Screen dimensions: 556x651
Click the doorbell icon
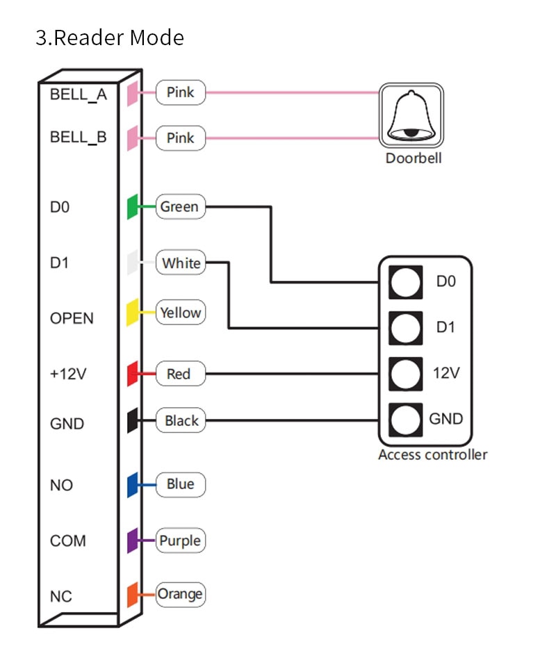point(411,115)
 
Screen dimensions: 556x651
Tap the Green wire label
point(181,206)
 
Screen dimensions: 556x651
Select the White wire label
point(181,263)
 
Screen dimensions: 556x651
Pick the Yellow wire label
point(181,312)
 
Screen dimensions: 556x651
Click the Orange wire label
point(181,594)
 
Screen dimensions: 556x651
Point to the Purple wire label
point(181,540)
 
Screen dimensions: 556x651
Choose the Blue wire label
point(181,484)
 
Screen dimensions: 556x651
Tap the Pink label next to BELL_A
point(181,92)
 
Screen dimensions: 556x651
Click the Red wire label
point(181,374)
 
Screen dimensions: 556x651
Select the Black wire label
point(181,420)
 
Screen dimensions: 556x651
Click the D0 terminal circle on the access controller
point(405,282)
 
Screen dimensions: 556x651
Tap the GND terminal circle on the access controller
point(405,420)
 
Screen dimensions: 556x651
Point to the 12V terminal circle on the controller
point(405,374)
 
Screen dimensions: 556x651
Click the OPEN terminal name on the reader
point(72,318)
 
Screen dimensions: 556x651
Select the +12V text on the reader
point(68,374)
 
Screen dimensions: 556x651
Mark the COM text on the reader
point(68,541)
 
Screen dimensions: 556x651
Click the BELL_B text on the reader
point(79,137)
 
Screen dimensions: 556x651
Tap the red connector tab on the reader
point(132,374)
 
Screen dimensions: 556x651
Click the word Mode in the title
point(157,38)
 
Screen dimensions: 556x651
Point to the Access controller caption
point(433,454)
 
